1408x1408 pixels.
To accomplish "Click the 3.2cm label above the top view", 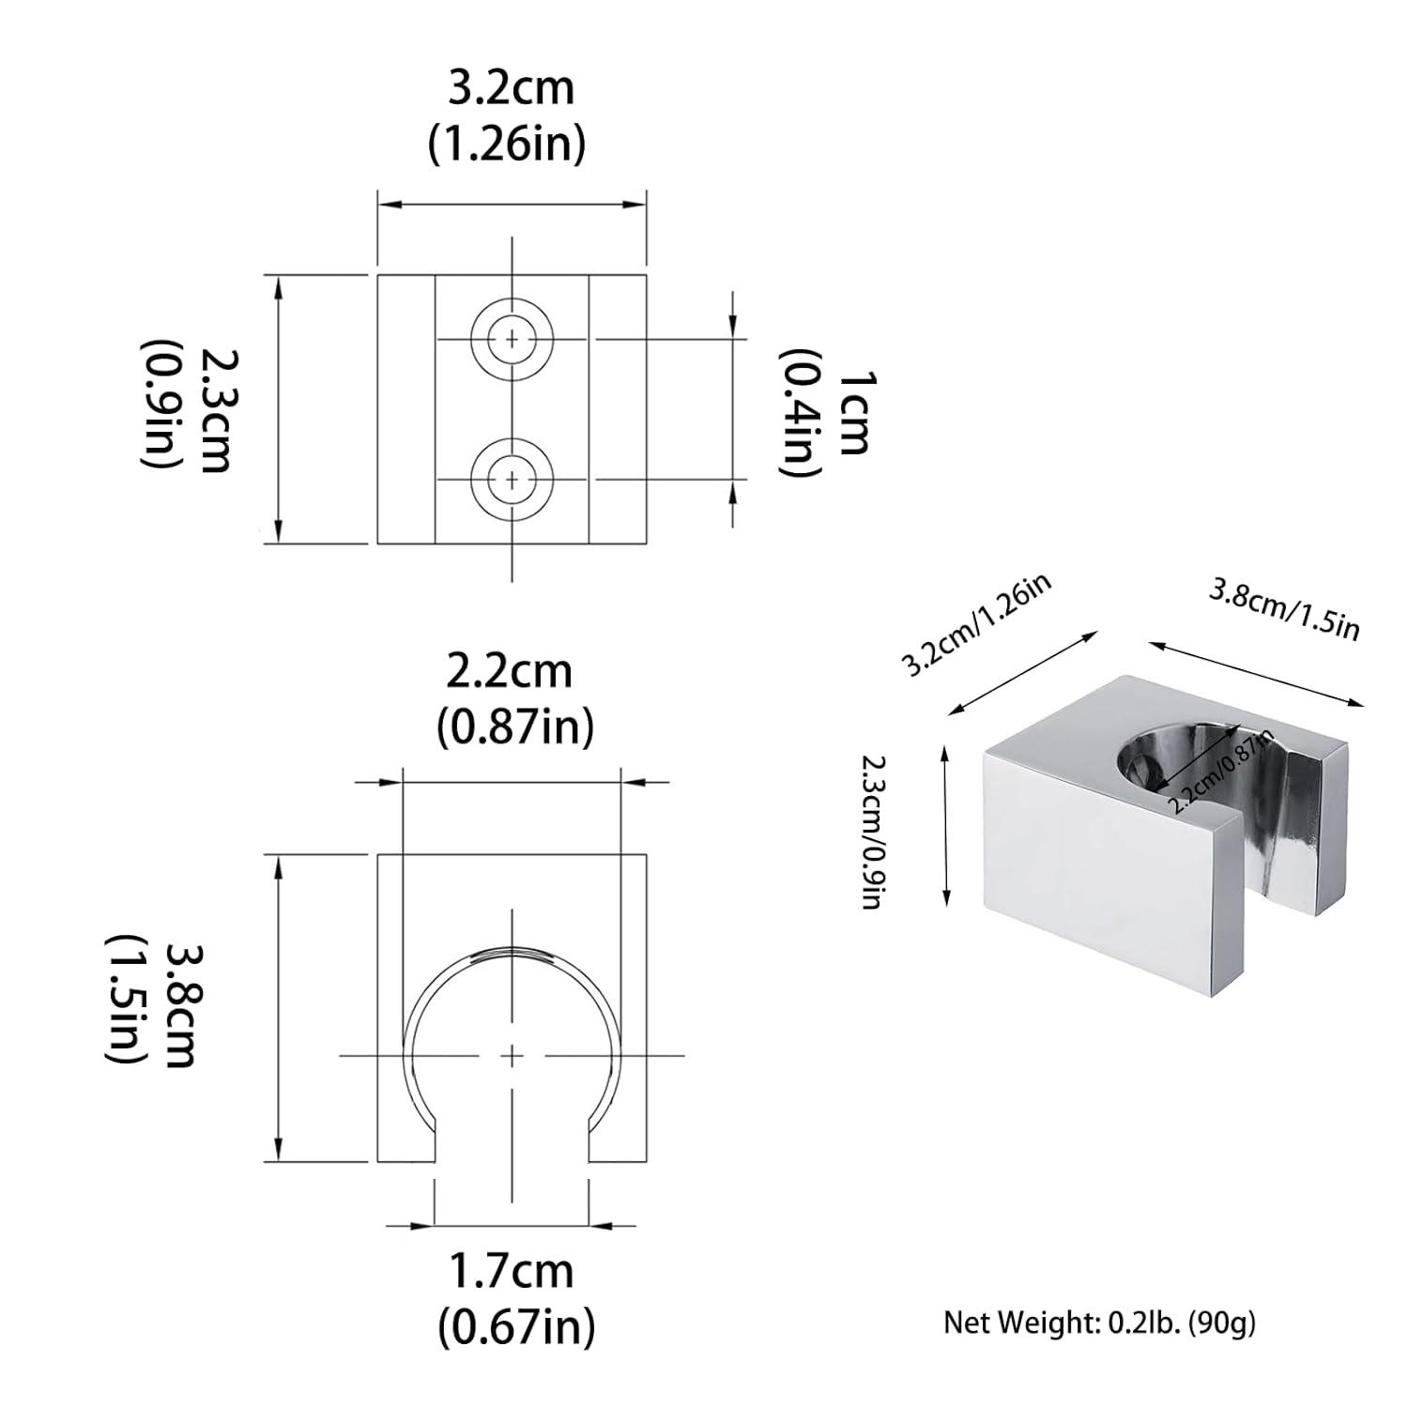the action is click(x=511, y=89).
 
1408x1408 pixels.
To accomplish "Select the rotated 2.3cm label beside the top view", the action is click(x=216, y=410).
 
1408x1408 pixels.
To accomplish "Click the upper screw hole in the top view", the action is click(x=512, y=339).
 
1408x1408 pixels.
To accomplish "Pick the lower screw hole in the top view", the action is click(x=512, y=479).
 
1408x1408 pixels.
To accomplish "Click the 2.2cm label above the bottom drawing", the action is click(x=508, y=672).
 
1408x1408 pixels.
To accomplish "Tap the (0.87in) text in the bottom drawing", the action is click(x=515, y=727).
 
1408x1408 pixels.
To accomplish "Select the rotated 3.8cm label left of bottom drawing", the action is click(x=178, y=1004).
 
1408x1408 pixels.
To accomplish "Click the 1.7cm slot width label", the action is click(x=511, y=1272).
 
